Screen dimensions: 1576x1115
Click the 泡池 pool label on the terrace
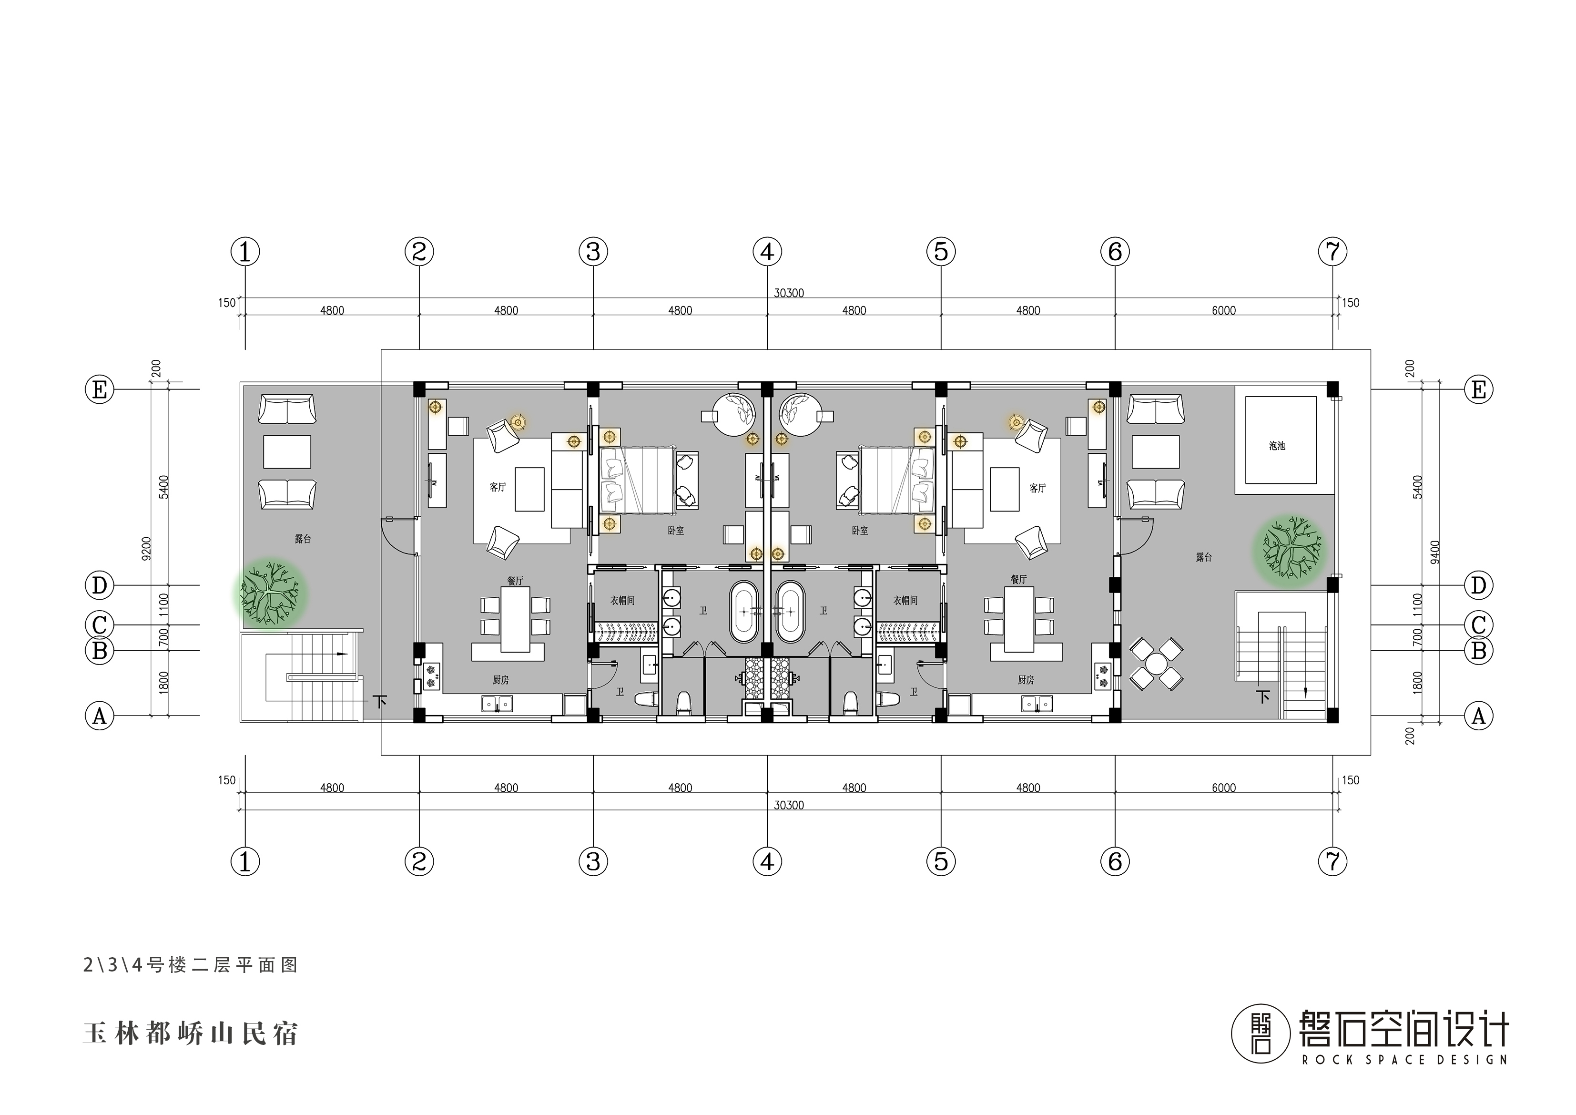tap(1276, 446)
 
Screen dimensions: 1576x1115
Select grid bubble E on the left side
tap(100, 390)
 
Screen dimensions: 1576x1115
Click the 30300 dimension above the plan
tap(789, 293)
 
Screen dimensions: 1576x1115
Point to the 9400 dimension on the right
tap(1435, 552)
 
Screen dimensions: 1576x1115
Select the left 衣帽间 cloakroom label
tap(622, 600)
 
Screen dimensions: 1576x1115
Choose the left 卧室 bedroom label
tap(675, 531)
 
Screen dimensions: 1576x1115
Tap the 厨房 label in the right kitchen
tap(1026, 680)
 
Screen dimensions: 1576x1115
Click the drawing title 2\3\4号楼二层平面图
tap(190, 965)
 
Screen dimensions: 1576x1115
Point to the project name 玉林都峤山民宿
tap(190, 1033)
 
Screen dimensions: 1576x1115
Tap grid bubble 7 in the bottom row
tap(1332, 861)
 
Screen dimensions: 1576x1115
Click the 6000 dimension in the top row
tap(1223, 310)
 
